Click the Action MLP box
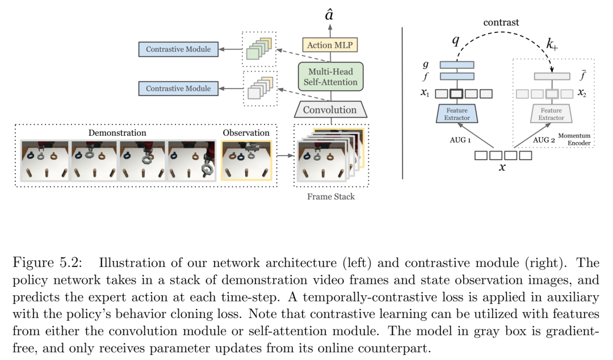tap(330, 45)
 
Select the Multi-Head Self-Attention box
tap(331, 77)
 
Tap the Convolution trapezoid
tap(330, 110)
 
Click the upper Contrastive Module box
tap(178, 49)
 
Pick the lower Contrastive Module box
tap(178, 89)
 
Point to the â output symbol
tap(329, 15)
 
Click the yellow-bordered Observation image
tap(246, 161)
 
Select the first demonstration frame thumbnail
tap(45, 161)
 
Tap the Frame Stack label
tap(331, 196)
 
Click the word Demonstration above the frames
tap(117, 133)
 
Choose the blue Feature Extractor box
tap(457, 114)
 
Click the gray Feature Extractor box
tap(551, 114)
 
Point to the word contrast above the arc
tap(501, 22)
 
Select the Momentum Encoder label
tap(574, 139)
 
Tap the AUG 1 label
tap(460, 140)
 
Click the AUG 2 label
tap(544, 140)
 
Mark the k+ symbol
tap(552, 44)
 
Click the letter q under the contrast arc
tap(456, 40)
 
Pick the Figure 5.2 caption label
tap(48, 262)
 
